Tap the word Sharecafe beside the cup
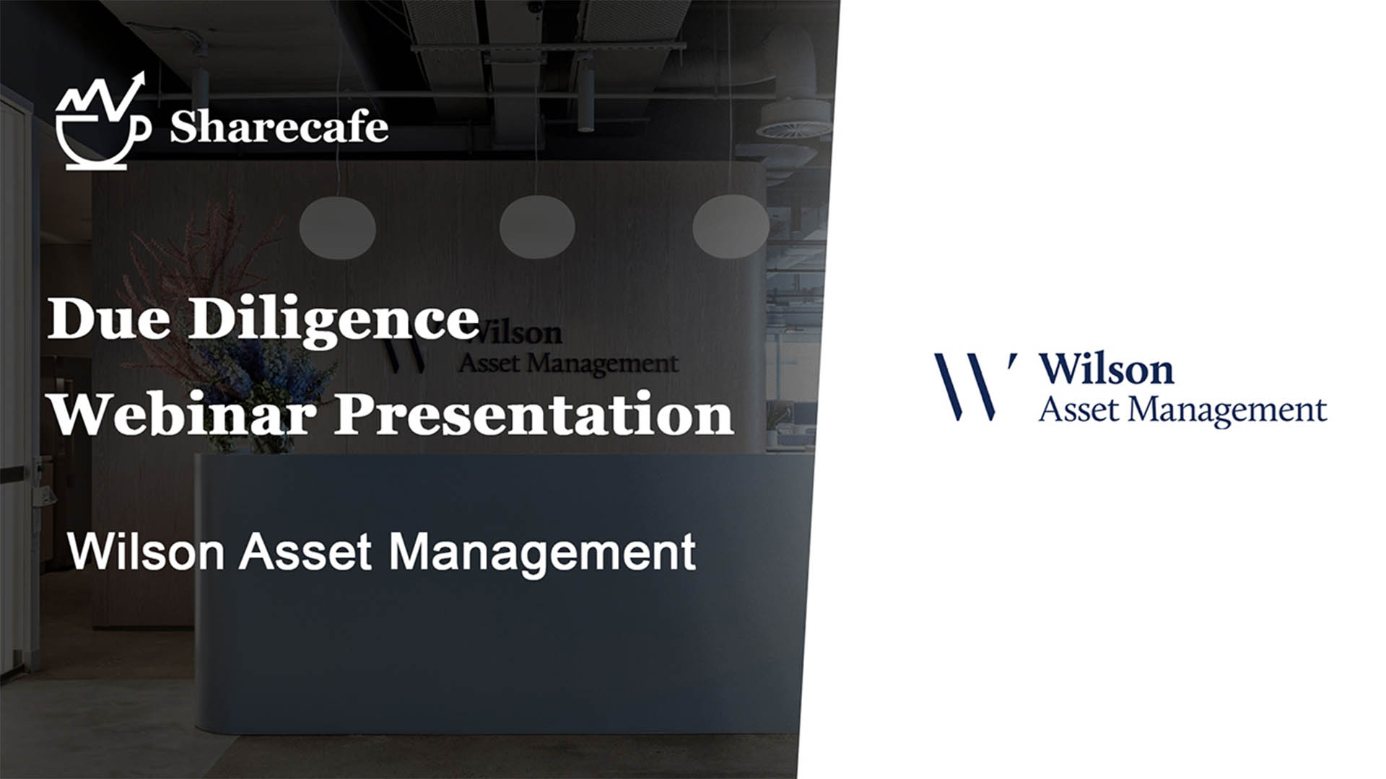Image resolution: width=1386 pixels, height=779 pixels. [279, 127]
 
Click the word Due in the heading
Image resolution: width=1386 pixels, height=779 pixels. [109, 318]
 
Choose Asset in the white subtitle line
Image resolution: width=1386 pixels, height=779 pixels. [306, 552]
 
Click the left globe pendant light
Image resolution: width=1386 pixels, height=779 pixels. [337, 227]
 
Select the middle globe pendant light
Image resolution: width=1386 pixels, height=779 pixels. [537, 226]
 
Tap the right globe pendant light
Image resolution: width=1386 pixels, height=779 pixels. [731, 226]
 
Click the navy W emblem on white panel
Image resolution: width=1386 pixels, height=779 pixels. [974, 386]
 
